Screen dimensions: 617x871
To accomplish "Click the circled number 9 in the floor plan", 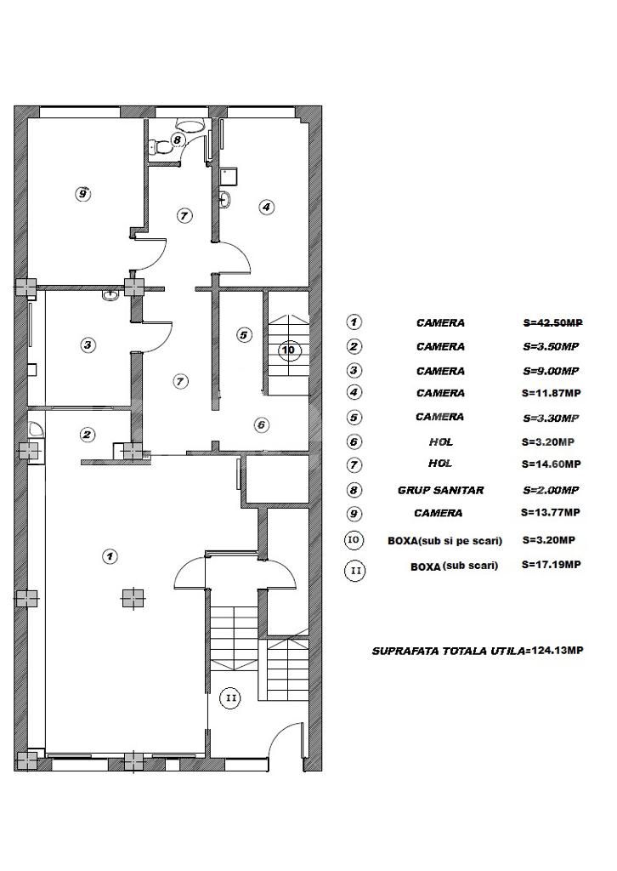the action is tap(82, 194).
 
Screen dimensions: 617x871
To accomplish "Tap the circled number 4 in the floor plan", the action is tap(267, 208).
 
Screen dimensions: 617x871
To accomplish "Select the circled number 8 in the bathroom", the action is tap(177, 139).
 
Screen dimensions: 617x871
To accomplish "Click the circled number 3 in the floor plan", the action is tap(88, 345).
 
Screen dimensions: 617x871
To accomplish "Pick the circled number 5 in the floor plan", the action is tap(244, 335).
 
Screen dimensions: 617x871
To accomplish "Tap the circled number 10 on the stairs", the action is tap(288, 350).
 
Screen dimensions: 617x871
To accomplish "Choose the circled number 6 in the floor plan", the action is tap(262, 425).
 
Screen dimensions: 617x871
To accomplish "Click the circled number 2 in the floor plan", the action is tap(88, 435).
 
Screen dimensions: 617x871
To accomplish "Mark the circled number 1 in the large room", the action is tap(110, 555).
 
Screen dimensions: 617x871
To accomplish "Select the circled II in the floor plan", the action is tap(231, 697).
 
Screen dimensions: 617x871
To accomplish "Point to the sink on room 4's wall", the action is tap(224, 199).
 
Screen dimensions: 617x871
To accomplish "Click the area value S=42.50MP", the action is tap(552, 322).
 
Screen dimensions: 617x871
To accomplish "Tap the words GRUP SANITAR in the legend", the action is tap(440, 491).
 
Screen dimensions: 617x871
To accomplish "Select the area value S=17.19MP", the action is tap(552, 565).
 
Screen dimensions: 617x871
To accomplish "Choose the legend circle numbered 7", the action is tap(354, 465).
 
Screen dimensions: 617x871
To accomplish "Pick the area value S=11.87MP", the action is tap(552, 393).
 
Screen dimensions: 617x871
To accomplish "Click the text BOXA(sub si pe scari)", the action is tap(445, 540).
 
